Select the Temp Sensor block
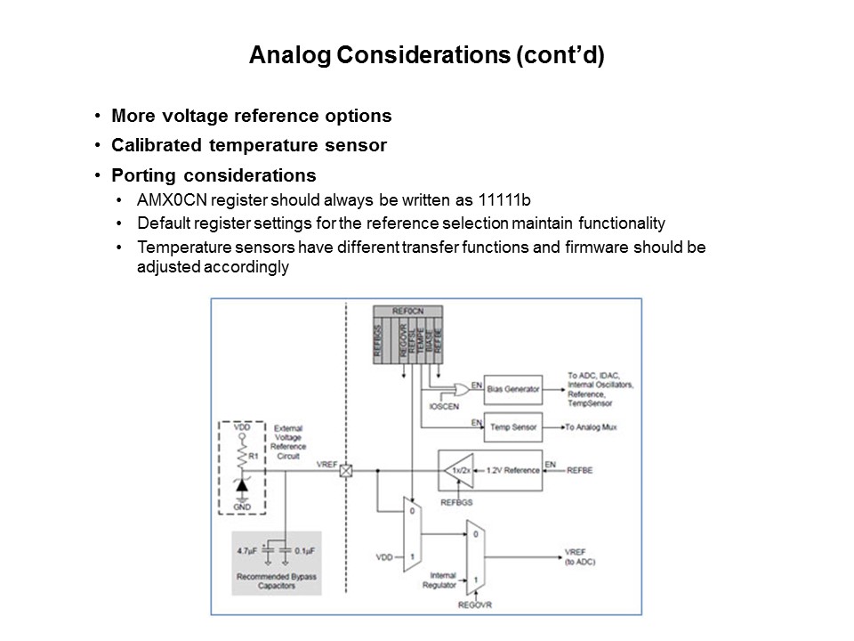point(513,428)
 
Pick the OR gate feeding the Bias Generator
point(461,389)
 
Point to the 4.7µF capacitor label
point(246,551)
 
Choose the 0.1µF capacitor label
point(305,551)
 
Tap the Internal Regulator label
point(442,580)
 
